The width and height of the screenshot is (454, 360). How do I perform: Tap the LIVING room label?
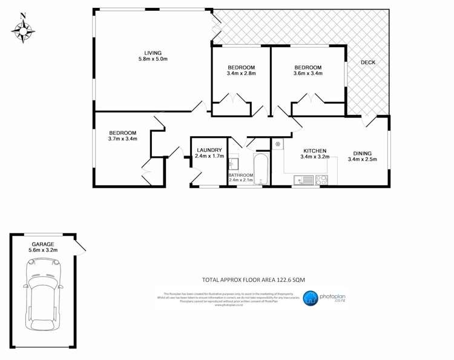click(152, 53)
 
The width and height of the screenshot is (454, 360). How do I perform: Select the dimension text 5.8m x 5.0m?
click(152, 59)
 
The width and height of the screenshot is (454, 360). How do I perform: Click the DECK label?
click(368, 62)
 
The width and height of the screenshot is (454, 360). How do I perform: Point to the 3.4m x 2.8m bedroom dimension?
click(241, 74)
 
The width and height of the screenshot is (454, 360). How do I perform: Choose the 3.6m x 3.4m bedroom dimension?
click(308, 74)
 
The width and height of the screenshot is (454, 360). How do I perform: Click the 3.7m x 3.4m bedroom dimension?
click(123, 139)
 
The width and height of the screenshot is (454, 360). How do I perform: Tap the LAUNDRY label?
click(209, 150)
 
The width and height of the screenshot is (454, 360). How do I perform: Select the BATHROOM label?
click(240, 175)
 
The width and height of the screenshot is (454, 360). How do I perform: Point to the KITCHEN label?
click(315, 151)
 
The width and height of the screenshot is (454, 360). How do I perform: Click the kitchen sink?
click(303, 180)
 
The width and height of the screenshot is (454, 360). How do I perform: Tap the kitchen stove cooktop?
click(321, 180)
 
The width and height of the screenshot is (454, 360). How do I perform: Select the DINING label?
click(363, 153)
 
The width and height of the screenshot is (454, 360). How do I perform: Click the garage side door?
click(80, 244)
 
